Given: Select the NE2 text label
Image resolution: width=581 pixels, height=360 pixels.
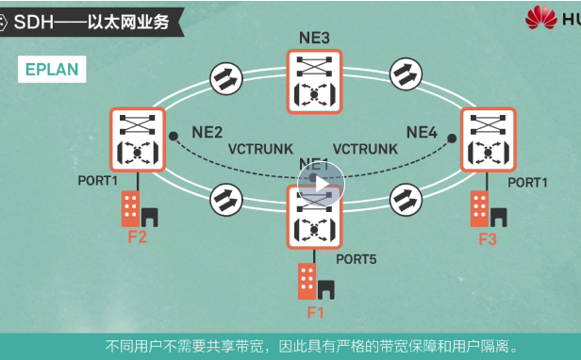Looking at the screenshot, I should pos(207,131).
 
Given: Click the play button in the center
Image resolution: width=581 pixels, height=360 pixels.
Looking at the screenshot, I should pos(321,183).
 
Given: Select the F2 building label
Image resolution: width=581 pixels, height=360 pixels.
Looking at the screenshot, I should pos(138,237).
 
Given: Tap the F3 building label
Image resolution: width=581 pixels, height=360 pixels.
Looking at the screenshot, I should pos(487,239).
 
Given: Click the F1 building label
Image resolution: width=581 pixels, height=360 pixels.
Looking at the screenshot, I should pos(315,310).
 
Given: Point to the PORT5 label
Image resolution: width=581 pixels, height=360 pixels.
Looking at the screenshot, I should pos(357,257).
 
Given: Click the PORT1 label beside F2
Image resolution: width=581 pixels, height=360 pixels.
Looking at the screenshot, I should pos(98,180).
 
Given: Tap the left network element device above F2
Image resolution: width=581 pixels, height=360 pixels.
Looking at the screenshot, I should pos(138,139).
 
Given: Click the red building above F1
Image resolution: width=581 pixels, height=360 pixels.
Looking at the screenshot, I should pos(307,280).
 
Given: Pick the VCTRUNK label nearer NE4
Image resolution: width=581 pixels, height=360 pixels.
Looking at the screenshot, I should pos(365,149).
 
